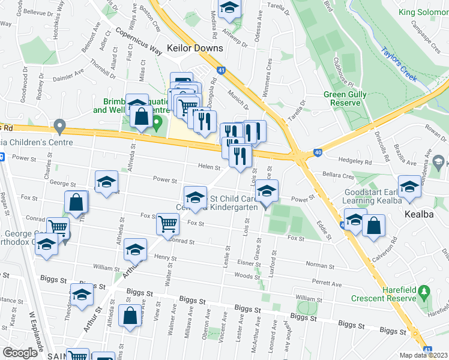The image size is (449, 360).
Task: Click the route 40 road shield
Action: [318, 153]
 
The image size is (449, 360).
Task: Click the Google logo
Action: [20, 352]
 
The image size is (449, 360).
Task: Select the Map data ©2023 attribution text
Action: [424, 355]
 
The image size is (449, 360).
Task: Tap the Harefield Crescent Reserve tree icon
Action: [425, 292]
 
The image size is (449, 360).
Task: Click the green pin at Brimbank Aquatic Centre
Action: [157, 125]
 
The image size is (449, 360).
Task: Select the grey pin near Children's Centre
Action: [59, 127]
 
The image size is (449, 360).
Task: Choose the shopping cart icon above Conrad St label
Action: [168, 224]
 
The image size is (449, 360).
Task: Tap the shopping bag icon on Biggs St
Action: [130, 316]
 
